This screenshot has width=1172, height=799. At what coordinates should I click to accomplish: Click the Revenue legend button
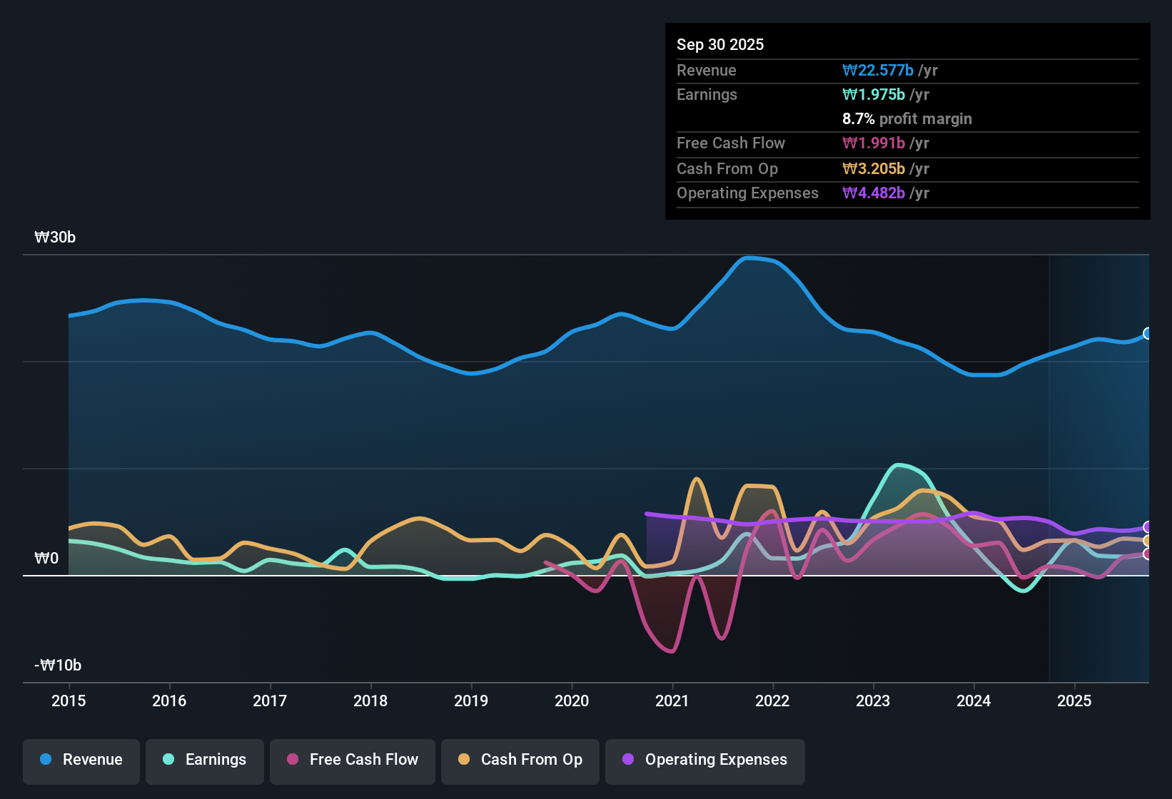coord(81,760)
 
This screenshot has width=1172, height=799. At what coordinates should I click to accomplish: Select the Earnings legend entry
coord(205,760)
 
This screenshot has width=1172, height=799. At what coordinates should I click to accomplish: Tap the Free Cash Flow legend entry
coord(353,760)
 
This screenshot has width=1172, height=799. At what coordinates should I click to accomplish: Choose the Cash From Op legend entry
coord(520,760)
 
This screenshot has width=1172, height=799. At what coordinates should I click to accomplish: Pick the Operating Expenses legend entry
coord(705,760)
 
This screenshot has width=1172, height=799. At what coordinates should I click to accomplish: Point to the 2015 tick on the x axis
coord(69,701)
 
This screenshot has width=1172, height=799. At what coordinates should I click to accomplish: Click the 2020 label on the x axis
coord(572,701)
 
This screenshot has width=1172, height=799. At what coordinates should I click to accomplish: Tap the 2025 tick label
coord(1074,701)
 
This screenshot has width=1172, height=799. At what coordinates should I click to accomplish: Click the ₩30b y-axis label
coord(55,238)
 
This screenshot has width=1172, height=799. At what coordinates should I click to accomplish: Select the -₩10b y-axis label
coord(58,666)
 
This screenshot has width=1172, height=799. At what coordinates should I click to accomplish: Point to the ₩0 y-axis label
coord(46,559)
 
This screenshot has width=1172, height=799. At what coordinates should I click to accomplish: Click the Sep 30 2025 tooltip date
coord(720,44)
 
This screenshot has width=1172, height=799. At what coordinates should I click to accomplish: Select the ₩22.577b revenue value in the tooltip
coord(878,71)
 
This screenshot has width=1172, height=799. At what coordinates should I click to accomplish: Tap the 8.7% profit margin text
coord(907,119)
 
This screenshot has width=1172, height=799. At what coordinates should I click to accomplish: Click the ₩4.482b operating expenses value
coord(874,193)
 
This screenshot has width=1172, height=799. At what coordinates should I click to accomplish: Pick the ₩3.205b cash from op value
coord(874,169)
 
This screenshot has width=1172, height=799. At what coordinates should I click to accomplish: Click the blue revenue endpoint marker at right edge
coord(1147,333)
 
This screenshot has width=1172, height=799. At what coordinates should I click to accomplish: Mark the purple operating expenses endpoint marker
coord(1147,527)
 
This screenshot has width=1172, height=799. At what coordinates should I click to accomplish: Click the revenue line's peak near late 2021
coord(748,258)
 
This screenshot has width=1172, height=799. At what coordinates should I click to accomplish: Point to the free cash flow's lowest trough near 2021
coord(672,651)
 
